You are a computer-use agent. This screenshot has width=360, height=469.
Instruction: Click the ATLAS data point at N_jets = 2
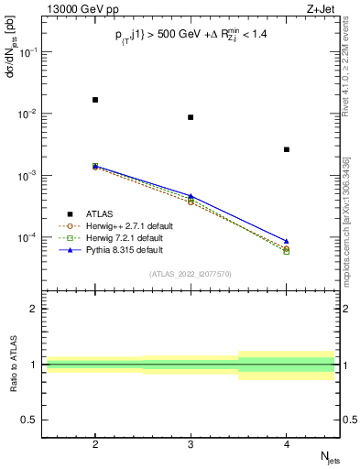pos(95,100)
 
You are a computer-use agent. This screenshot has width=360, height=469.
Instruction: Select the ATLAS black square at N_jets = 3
pos(191,117)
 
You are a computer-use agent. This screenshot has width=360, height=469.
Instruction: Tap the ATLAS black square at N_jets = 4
pos(287,149)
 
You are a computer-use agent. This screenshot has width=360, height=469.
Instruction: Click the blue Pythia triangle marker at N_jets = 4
pos(287,241)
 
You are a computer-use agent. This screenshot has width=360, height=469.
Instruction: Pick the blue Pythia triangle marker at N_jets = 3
pos(191,196)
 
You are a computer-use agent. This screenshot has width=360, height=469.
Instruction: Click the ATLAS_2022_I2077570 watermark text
pos(191,274)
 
